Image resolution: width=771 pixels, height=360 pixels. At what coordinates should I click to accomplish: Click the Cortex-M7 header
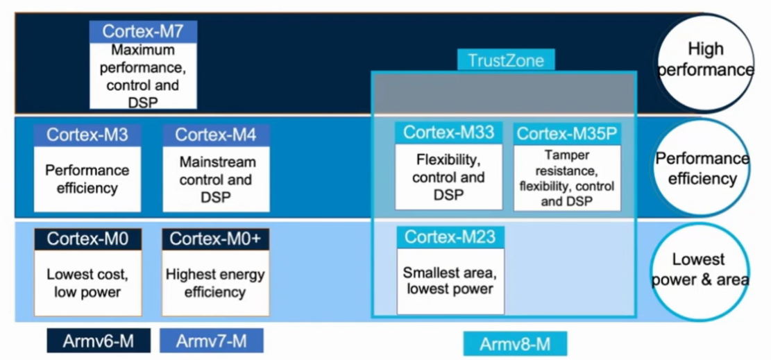coord(143,31)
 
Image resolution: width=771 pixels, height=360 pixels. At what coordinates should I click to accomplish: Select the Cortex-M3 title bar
coord(87,135)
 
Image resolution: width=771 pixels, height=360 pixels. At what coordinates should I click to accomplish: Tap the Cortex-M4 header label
coord(216,135)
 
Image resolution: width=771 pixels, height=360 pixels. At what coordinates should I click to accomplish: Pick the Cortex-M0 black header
coord(88,239)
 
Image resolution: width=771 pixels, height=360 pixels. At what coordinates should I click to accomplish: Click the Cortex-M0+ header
coord(215,239)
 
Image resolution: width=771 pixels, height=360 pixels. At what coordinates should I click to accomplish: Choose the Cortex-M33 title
coord(448,132)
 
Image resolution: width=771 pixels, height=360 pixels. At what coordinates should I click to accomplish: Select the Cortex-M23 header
coord(450,237)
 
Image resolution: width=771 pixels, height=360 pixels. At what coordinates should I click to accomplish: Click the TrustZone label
coord(506,60)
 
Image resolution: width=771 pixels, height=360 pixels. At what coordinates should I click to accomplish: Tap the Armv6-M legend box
coord(99,341)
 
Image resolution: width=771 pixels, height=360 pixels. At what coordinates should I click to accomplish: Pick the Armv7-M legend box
coord(212,341)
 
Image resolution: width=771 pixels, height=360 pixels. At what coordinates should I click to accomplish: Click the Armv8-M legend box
coord(515,344)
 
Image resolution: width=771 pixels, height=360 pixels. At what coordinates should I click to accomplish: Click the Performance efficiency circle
coord(702,168)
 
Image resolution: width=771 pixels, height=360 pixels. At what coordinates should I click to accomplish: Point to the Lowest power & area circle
coord(700,271)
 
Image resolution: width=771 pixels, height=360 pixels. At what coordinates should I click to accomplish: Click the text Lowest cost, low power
coord(87,283)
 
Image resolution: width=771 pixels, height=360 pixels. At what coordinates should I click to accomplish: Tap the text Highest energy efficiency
coord(215,283)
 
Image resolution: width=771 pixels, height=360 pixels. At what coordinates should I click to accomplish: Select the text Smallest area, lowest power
coord(448,280)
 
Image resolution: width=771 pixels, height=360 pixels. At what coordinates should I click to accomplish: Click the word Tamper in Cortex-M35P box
coord(567,155)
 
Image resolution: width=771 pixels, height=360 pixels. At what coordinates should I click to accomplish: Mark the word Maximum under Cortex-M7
coord(143,50)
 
